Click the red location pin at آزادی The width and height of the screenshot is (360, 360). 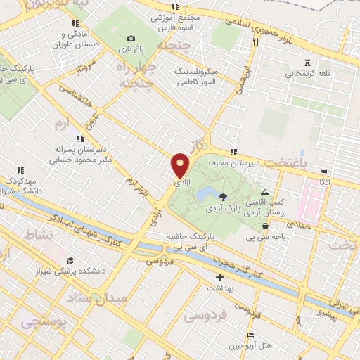(x=181, y=165)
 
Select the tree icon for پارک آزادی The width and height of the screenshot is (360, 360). (x=224, y=197)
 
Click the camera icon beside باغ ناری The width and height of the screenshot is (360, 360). (x=130, y=38)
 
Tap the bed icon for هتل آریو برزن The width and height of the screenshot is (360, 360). (x=250, y=335)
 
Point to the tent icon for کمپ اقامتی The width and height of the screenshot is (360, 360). (x=264, y=192)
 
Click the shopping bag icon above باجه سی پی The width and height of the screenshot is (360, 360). (x=264, y=226)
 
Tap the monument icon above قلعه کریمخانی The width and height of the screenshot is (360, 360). (x=306, y=62)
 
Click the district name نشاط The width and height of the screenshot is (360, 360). (x=39, y=234)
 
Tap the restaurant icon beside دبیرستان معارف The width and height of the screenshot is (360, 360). (x=233, y=152)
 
